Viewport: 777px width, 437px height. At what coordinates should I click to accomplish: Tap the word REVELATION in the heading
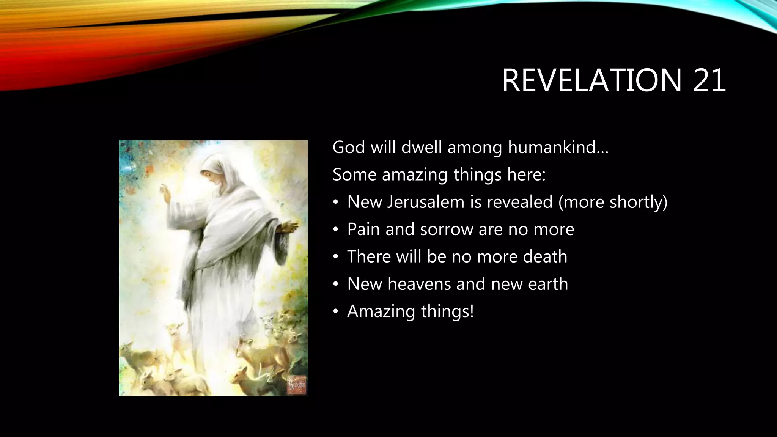(592, 80)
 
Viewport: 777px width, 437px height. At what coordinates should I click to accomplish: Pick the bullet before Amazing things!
(335, 311)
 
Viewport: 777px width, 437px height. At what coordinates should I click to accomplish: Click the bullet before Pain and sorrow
(335, 230)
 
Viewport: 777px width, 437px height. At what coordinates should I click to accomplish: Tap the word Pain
(363, 229)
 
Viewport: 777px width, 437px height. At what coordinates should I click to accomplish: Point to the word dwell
(422, 147)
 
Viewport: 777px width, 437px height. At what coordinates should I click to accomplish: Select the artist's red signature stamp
(297, 384)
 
